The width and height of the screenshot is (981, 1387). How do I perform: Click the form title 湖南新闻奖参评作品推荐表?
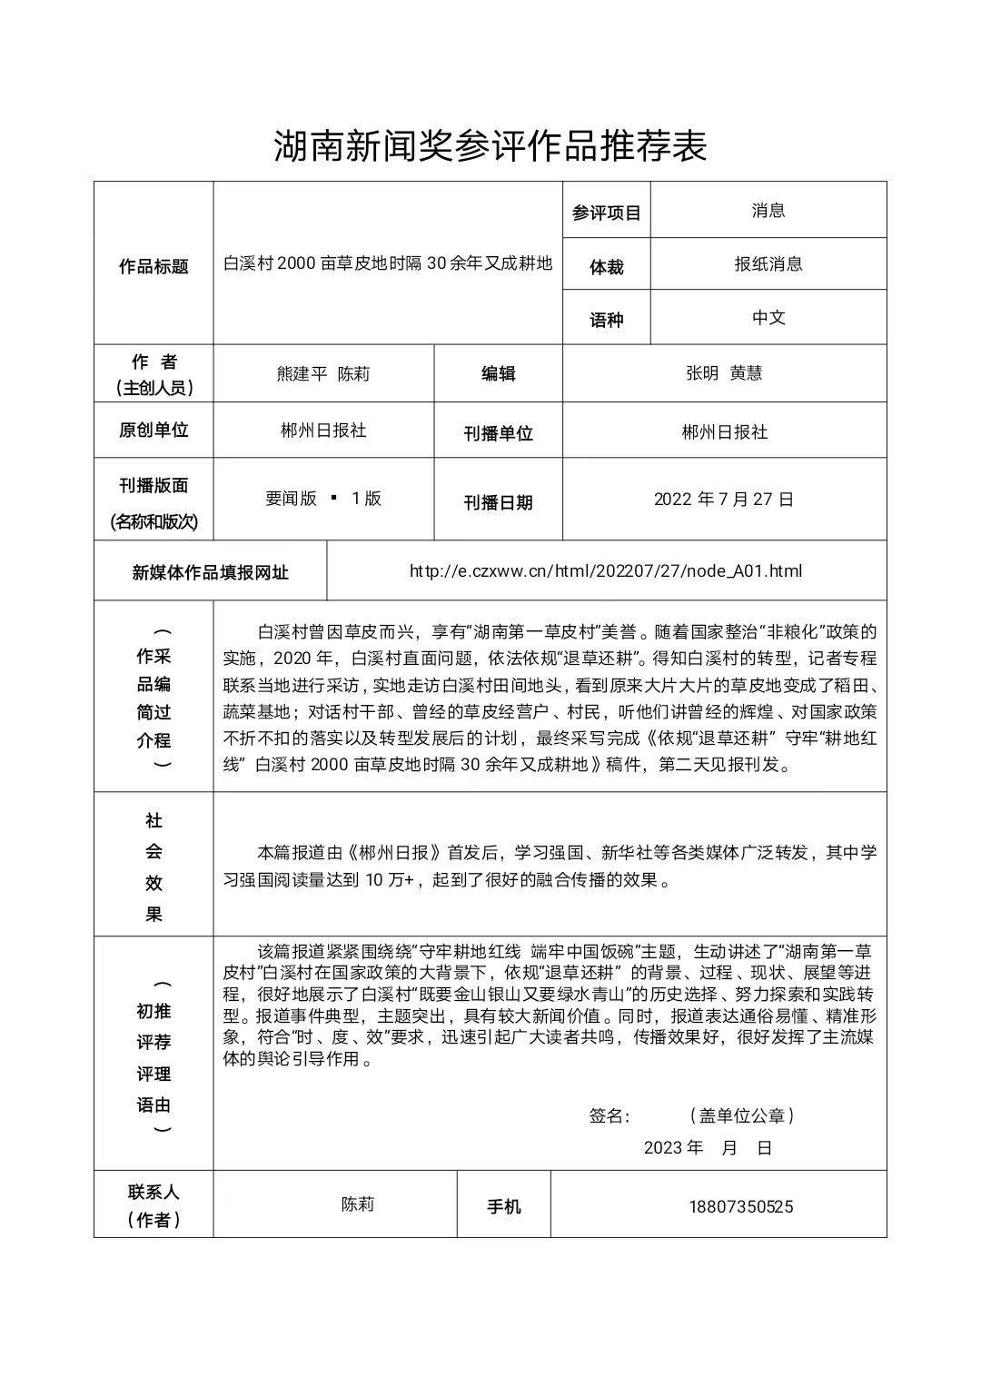click(490, 145)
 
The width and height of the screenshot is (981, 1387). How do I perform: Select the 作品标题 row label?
click(154, 267)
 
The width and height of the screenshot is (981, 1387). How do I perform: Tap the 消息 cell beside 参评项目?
click(768, 211)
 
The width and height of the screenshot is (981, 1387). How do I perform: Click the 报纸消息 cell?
click(768, 264)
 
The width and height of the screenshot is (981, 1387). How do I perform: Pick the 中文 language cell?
click(768, 318)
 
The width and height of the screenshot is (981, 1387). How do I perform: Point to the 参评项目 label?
click(606, 213)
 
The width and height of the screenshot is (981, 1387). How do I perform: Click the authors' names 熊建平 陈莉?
click(322, 373)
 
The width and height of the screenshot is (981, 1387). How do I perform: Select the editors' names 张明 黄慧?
click(724, 373)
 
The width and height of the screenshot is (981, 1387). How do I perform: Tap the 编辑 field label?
click(498, 373)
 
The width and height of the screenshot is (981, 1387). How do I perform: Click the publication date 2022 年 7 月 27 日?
click(724, 500)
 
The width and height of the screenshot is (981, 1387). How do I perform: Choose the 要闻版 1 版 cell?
click(322, 499)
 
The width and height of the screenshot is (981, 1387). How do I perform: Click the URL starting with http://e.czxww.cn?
click(606, 571)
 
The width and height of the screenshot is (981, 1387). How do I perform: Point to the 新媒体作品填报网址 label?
click(210, 572)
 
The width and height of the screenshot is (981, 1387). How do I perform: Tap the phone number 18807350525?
click(741, 1206)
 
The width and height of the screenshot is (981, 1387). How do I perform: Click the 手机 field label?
click(504, 1206)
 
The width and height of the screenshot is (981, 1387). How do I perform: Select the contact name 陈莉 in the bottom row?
click(358, 1204)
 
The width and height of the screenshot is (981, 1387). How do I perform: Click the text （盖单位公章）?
click(741, 1115)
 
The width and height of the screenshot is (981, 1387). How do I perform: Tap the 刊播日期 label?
click(498, 502)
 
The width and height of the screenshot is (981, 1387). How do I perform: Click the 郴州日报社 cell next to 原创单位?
click(322, 431)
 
